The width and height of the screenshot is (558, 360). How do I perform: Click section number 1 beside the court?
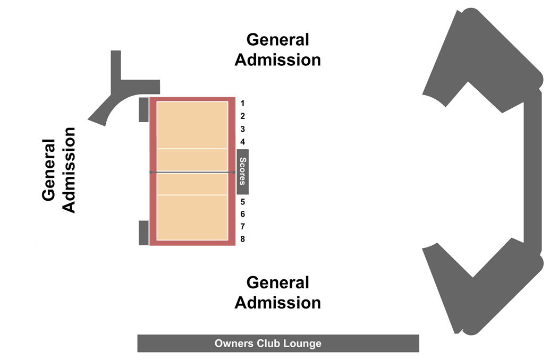click(x=242, y=103)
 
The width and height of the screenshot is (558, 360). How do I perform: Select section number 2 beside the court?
click(x=242, y=116)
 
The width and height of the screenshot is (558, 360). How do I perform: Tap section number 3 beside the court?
click(x=242, y=129)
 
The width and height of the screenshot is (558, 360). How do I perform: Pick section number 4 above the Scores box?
click(x=242, y=142)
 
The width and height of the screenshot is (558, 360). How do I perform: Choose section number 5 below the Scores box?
click(x=242, y=202)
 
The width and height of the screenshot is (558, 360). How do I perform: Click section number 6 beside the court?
click(x=242, y=214)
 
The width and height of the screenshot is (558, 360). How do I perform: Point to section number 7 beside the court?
click(x=242, y=226)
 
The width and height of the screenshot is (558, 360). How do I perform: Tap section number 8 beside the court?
click(x=242, y=239)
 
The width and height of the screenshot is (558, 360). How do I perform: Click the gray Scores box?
click(x=242, y=172)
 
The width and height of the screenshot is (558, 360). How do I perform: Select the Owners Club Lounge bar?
click(x=278, y=344)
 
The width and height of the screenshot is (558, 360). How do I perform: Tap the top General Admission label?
click(x=277, y=50)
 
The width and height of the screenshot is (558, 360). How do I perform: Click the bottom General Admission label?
click(x=277, y=293)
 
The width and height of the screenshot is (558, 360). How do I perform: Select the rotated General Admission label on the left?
click(x=58, y=170)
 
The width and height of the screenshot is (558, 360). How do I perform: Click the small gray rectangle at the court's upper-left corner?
click(x=143, y=109)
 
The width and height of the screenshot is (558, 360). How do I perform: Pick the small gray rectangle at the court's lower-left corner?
click(x=143, y=233)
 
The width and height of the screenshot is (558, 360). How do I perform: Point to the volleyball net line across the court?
click(x=192, y=172)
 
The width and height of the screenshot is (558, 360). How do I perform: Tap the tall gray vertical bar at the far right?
click(x=532, y=171)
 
